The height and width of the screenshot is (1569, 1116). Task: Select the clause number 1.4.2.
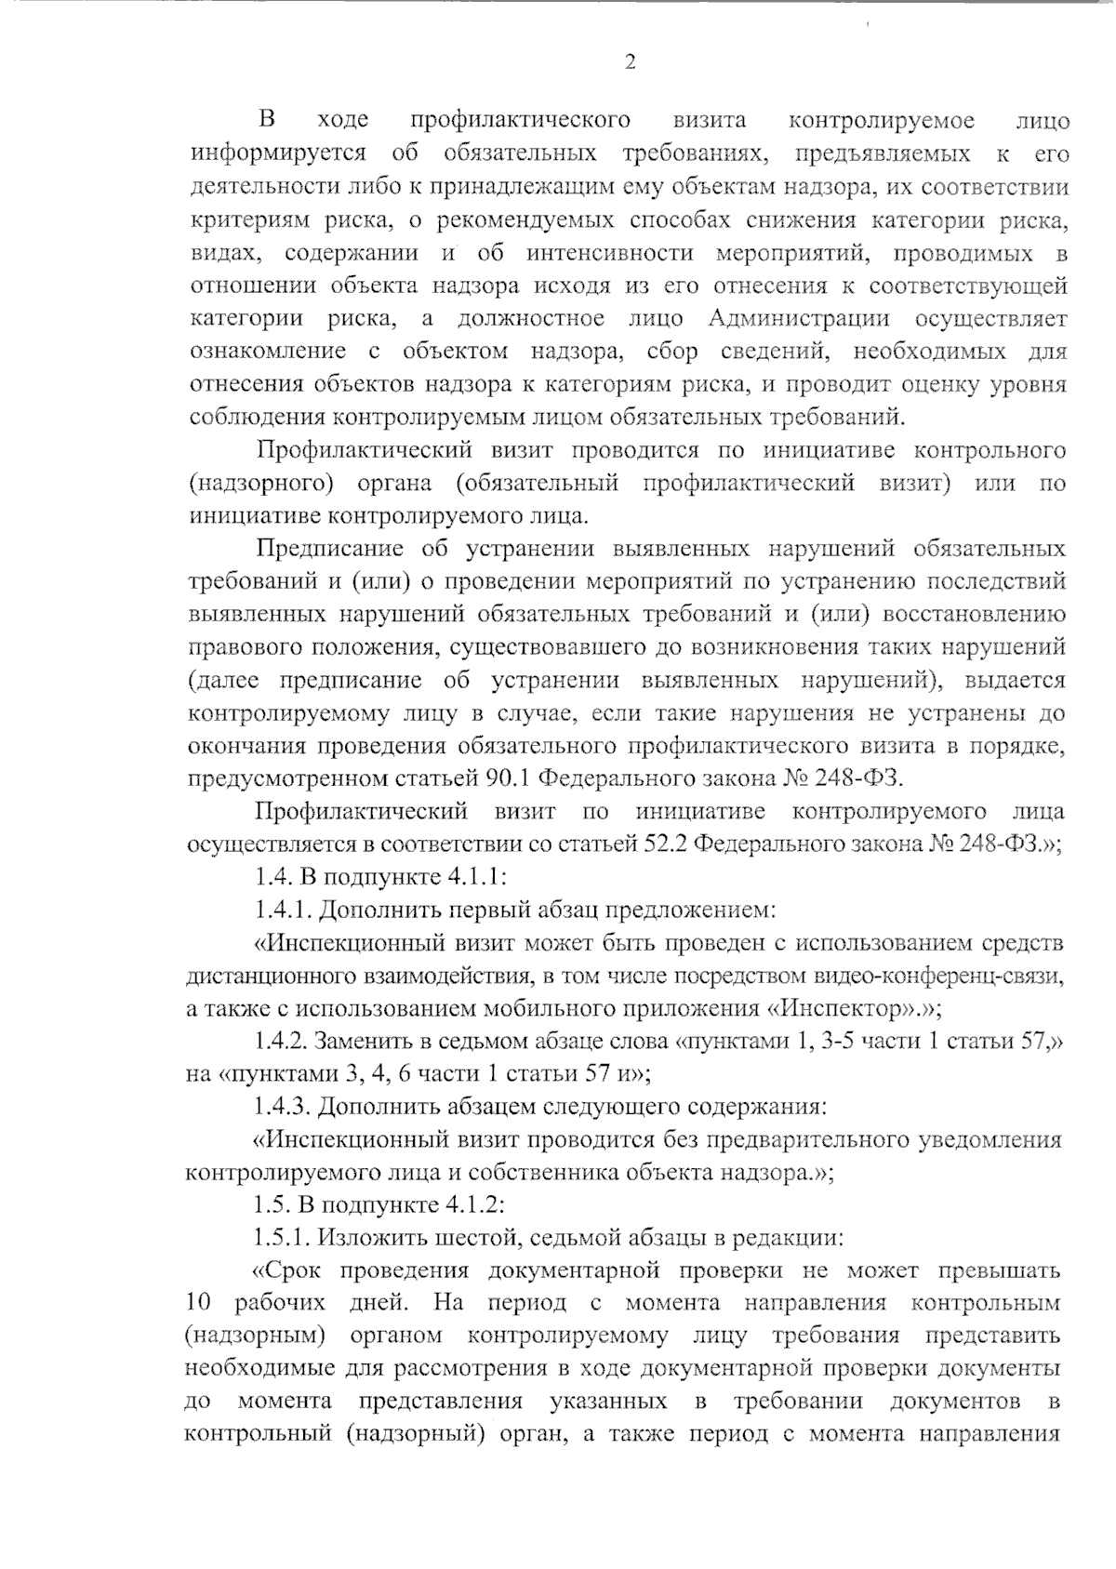point(286,1041)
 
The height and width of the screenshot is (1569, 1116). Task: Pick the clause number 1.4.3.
point(286,1107)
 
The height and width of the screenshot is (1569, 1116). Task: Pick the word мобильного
point(541,1008)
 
